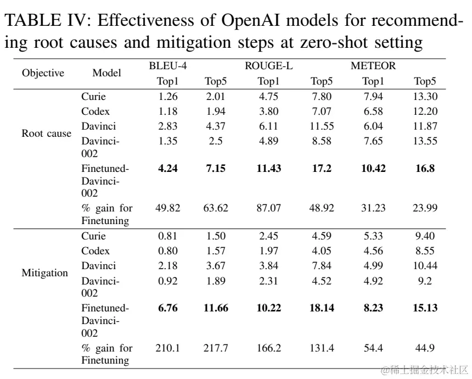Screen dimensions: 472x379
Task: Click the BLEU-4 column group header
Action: tap(167, 66)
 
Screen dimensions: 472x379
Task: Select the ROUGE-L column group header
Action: tap(268, 66)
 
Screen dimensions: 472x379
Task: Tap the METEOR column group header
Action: tap(373, 66)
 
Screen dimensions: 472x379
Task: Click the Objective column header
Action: tap(43, 73)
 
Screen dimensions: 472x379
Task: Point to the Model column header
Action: tap(106, 73)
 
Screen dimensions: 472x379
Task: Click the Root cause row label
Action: tap(46, 133)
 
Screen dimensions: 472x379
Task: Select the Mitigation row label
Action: tap(45, 273)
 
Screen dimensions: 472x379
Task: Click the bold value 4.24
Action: tap(167, 168)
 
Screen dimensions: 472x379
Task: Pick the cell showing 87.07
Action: tap(268, 208)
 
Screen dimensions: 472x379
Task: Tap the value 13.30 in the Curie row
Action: tap(425, 97)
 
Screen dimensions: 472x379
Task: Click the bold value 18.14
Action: tap(322, 308)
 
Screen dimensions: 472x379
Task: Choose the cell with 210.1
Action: tap(167, 348)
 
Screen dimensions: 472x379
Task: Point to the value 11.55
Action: tap(322, 126)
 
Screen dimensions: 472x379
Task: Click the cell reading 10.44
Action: tap(425, 266)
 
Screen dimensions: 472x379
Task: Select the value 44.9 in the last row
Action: tap(425, 348)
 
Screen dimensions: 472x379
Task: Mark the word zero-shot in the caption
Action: tap(334, 43)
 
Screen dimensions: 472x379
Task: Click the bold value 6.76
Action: tap(167, 308)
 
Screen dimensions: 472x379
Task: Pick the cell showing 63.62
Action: tap(216, 208)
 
